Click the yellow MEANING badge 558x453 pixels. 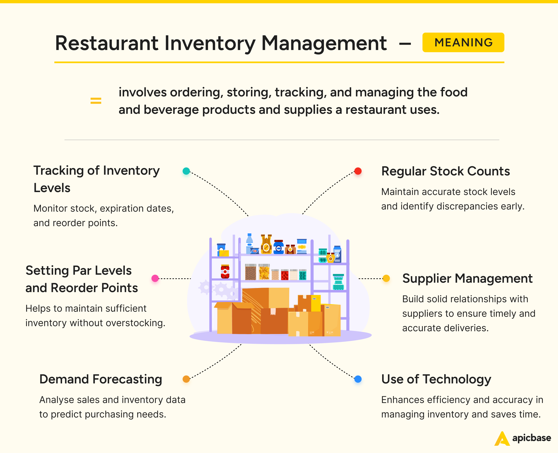[463, 42]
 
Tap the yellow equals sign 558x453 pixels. [96, 101]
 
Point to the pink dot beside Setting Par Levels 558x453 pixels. [155, 278]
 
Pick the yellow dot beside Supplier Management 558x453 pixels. [386, 278]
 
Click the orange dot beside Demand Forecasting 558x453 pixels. [186, 379]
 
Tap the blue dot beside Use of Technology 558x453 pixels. [358, 379]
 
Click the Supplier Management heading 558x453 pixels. [467, 278]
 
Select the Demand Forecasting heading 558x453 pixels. [101, 379]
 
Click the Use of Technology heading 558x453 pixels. [436, 379]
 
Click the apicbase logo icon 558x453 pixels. [502, 439]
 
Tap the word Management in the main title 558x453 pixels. [324, 43]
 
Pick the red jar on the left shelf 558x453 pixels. [225, 272]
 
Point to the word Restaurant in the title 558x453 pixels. [107, 43]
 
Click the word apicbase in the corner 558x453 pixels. [532, 438]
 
